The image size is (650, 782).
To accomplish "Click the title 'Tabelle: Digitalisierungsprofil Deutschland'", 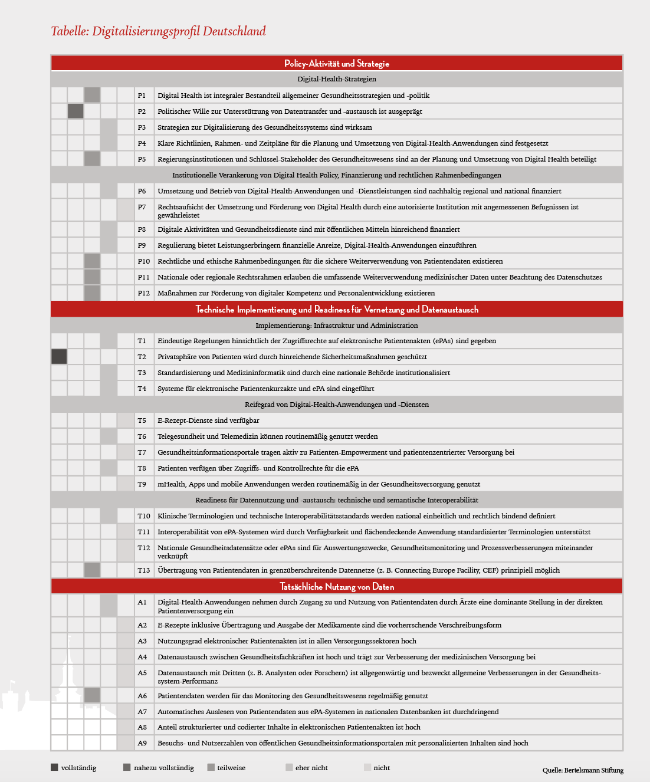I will click(x=158, y=31).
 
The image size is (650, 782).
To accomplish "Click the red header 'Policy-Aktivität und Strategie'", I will click(x=337, y=64).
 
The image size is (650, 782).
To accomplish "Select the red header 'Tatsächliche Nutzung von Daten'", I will click(x=337, y=586).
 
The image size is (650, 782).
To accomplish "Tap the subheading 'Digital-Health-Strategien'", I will click(x=337, y=79).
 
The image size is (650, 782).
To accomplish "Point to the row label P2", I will click(x=142, y=111).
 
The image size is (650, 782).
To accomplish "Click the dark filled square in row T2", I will click(x=59, y=357).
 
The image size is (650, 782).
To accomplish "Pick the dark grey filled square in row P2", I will click(x=75, y=111).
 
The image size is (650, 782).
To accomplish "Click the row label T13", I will click(x=144, y=570).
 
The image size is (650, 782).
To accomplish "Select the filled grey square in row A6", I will click(x=92, y=696).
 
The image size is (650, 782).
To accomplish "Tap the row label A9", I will click(x=142, y=743).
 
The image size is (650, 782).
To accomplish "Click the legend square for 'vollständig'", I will click(x=55, y=767).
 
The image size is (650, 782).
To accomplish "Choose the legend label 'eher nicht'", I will click(x=311, y=768).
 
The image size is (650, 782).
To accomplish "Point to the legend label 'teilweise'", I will click(x=231, y=768).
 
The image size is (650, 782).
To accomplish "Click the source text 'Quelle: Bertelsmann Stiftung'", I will click(x=583, y=770).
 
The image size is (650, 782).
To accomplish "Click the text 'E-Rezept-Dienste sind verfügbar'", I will click(x=208, y=420).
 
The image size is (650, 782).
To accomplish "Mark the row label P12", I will click(x=144, y=293).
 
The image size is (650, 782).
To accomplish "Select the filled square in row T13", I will click(x=92, y=570).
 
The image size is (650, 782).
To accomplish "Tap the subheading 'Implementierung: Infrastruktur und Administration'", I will click(x=337, y=326).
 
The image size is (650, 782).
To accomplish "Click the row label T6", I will click(x=142, y=436).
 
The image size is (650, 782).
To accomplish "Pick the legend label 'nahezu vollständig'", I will click(x=163, y=768).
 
